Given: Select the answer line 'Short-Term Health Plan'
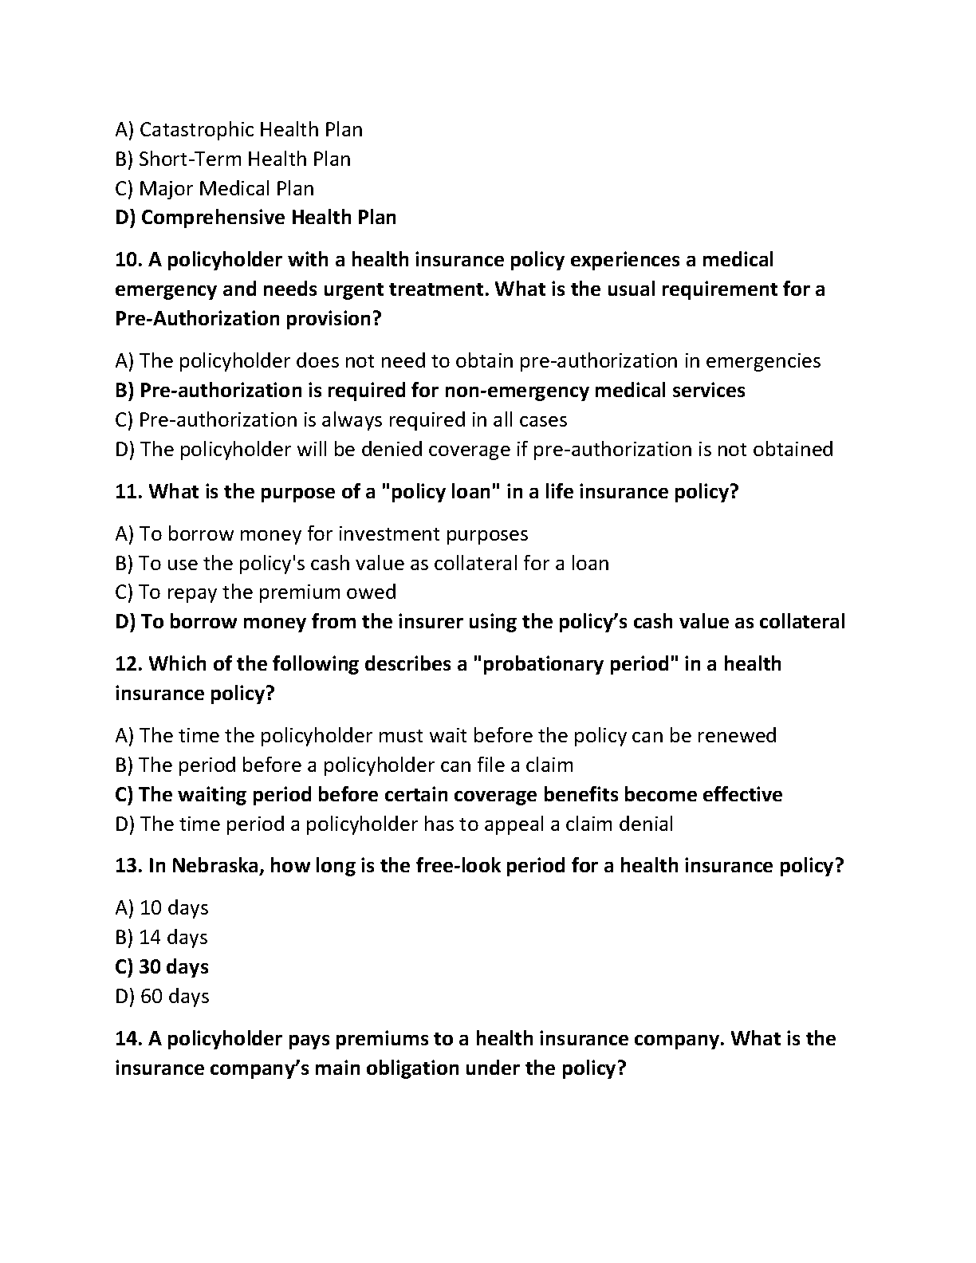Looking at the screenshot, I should click(233, 159).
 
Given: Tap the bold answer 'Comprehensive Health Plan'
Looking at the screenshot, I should click(255, 218).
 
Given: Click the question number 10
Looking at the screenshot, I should click(128, 260).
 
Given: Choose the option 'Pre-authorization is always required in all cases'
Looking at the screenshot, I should click(341, 420).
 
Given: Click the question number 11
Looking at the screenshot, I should click(128, 492).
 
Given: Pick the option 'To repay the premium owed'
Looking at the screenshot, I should click(255, 592).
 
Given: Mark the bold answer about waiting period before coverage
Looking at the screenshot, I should click(448, 795).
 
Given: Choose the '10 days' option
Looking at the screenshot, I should click(162, 908).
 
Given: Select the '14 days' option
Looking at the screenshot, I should click(161, 938).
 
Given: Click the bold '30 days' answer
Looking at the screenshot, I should click(162, 967).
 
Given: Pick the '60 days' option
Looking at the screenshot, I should click(162, 997).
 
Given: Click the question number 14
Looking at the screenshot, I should click(128, 1039).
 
